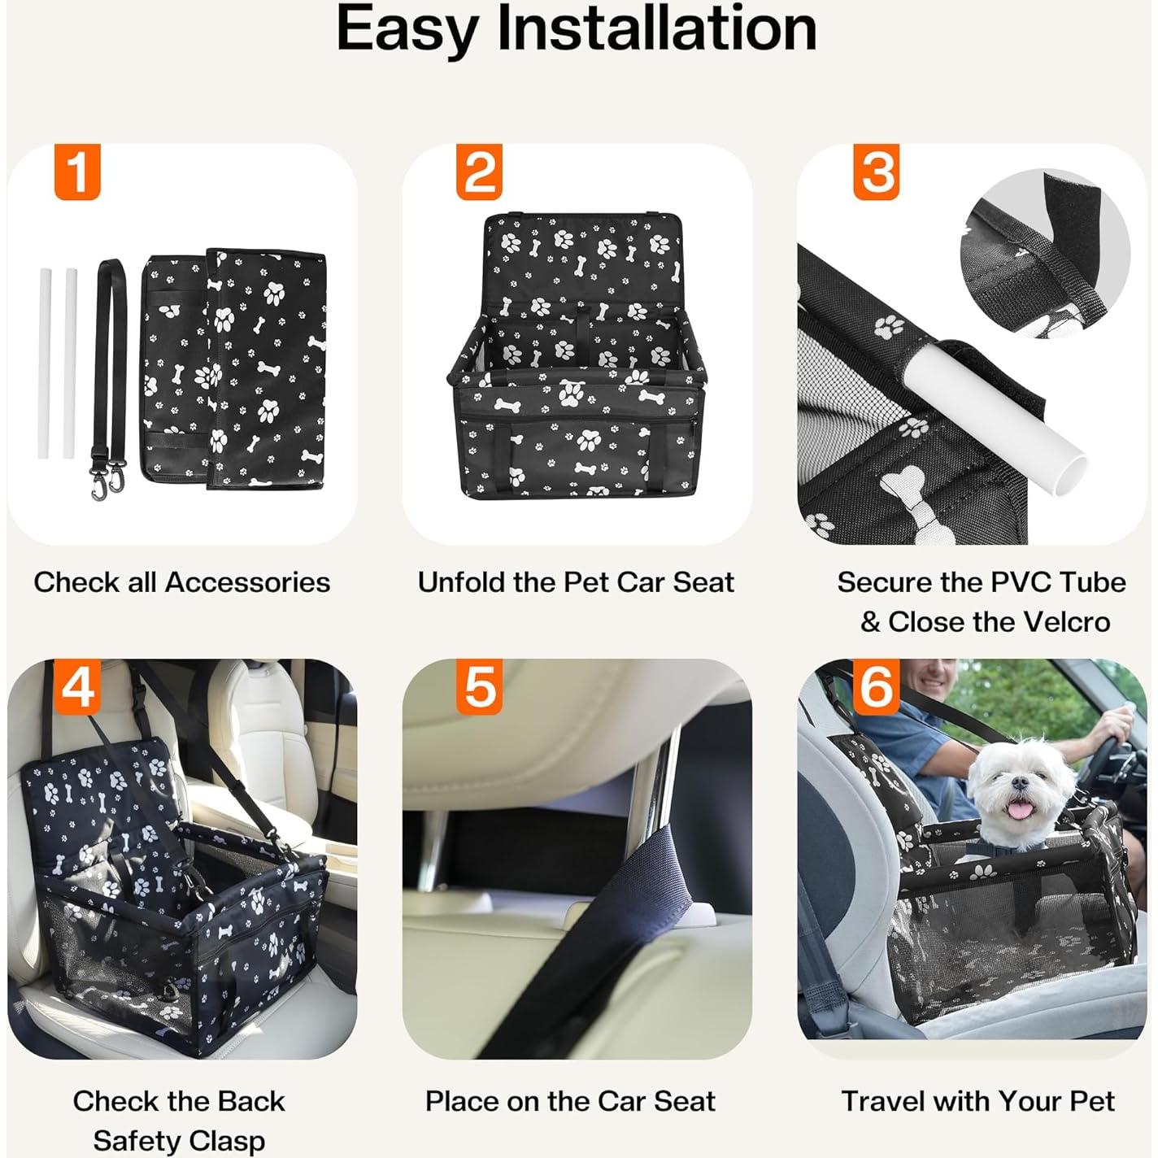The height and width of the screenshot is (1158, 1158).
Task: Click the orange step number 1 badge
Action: pyautogui.click(x=77, y=172)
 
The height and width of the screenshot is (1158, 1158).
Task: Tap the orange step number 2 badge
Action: pyautogui.click(x=479, y=172)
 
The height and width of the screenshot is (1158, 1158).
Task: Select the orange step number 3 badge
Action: pyautogui.click(x=876, y=172)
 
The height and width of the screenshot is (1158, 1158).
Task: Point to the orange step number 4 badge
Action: pyautogui.click(x=77, y=686)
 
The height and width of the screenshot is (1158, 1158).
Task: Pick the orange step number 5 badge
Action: pyautogui.click(x=479, y=686)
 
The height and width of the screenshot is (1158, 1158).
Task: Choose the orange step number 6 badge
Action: pyautogui.click(x=876, y=686)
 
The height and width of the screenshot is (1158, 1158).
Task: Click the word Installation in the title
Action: pyautogui.click(x=656, y=29)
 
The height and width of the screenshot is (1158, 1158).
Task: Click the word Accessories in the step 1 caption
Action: pyautogui.click(x=247, y=582)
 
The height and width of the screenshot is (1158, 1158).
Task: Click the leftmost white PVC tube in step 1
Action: pyautogui.click(x=45, y=363)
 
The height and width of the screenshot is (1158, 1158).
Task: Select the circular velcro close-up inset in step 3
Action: pyautogui.click(x=1044, y=254)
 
